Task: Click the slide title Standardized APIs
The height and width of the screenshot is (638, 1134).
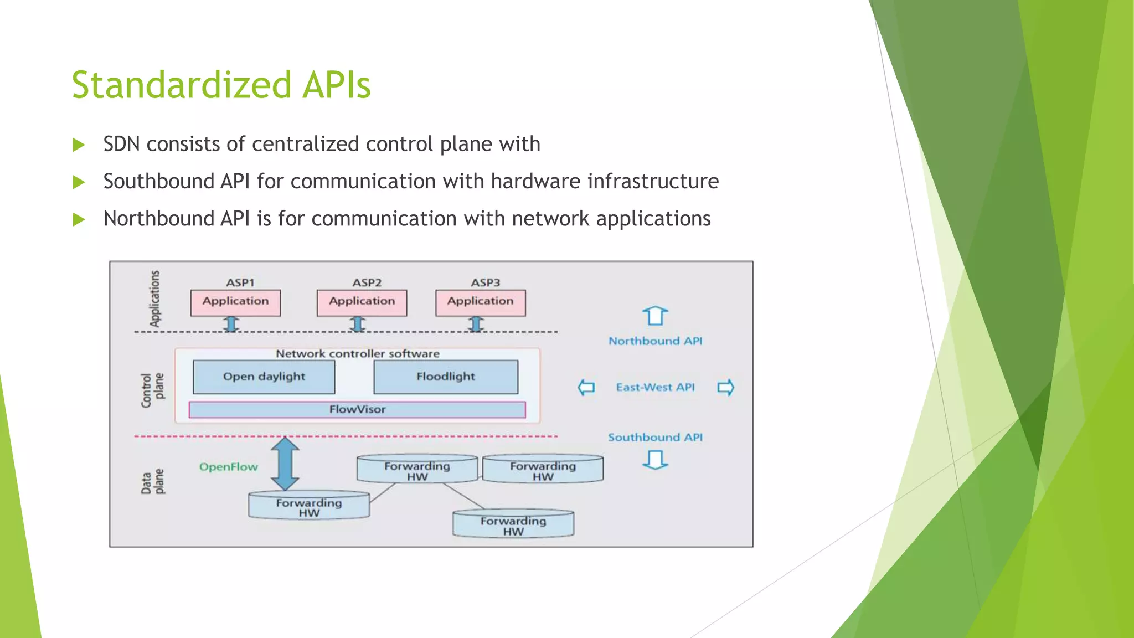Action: [x=221, y=85]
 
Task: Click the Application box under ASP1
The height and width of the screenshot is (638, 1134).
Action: [x=235, y=302]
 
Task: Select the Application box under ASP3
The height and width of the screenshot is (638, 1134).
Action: [x=480, y=302]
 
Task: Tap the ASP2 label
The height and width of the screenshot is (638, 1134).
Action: [x=367, y=282]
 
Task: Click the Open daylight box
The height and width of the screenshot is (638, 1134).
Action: [x=264, y=377]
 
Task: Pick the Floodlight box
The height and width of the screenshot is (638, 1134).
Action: [x=446, y=377]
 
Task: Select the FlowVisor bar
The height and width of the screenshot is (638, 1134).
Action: [x=357, y=410]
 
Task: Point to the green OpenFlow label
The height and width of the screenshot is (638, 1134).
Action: [x=228, y=467]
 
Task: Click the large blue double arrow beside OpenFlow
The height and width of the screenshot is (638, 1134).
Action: [x=285, y=464]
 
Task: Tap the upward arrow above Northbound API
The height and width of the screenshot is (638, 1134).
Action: [x=655, y=316]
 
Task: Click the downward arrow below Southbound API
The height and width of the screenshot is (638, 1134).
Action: [x=655, y=460]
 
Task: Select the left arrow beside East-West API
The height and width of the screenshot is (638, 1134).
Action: [x=586, y=387]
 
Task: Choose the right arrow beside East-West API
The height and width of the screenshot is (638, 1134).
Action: [x=725, y=387]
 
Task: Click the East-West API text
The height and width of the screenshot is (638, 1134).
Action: [x=655, y=387]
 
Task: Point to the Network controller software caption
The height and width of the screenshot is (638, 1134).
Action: [x=358, y=353]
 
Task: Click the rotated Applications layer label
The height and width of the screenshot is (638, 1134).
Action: [x=154, y=299]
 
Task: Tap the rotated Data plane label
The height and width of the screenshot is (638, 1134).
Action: [x=152, y=482]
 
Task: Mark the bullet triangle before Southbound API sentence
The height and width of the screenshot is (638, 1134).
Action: [x=79, y=182]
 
